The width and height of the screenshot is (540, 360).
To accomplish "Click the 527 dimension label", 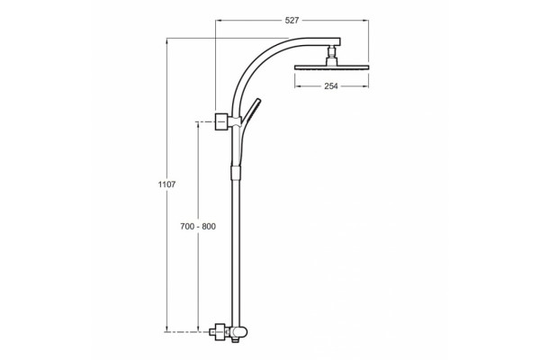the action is click(292, 21).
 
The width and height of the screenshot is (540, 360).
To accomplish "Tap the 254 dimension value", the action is click(331, 86).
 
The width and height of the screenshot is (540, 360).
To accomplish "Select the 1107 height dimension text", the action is click(166, 184).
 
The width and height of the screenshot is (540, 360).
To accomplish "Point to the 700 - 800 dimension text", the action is click(198, 226).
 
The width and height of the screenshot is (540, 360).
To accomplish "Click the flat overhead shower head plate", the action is click(331, 67).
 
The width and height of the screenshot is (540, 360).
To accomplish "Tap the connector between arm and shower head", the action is click(331, 55).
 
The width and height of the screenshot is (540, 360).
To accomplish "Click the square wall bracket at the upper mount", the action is click(221, 121).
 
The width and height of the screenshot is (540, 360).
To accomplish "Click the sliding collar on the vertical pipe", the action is click(234, 172).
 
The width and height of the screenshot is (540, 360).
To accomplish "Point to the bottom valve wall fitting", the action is click(220, 332).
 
